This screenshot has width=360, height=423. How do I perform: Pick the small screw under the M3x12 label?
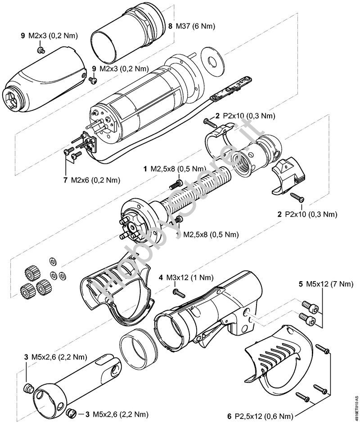click(x=179, y=294)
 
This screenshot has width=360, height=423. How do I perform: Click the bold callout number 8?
click(x=170, y=26)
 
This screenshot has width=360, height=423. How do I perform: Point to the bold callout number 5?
click(x=300, y=285)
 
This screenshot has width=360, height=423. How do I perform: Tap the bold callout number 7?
click(x=66, y=180)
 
